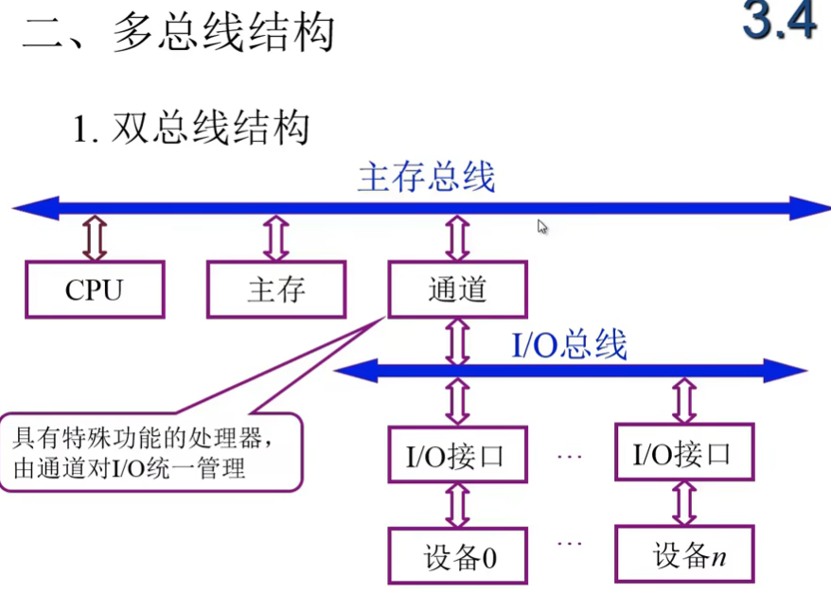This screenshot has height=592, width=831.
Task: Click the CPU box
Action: [95, 289]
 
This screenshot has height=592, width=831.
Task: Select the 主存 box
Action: [276, 289]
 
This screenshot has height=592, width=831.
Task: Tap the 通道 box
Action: [457, 289]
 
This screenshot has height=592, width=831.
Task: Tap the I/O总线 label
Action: [569, 345]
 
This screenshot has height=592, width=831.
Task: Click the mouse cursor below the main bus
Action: [542, 227]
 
